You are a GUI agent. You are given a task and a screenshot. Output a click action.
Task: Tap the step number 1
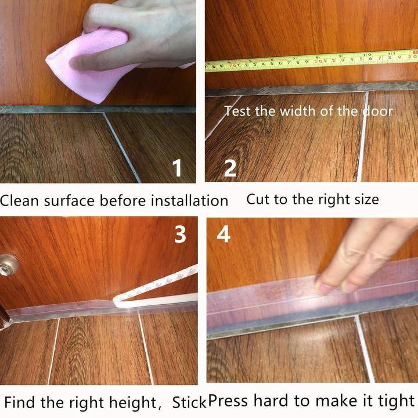pos(177,169)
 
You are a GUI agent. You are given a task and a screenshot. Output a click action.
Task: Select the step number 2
pos(230,169)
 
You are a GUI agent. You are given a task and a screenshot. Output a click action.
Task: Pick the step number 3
pos(181,234)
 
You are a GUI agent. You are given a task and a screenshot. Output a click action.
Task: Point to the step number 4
pos(224,235)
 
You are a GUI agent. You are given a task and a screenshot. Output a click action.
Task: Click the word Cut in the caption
pos(258,200)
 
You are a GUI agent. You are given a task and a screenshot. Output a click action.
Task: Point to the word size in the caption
pos(363,200)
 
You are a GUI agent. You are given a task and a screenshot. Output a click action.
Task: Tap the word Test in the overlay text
pos(237,110)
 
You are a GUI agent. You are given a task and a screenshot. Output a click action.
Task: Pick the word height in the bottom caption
pos(131,402)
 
